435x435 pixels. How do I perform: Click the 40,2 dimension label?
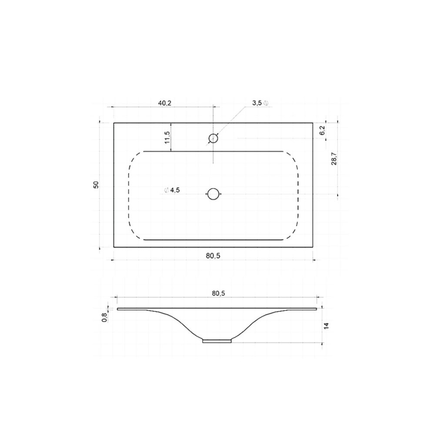tap(165, 103)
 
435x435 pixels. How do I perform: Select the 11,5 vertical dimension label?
tap(167, 137)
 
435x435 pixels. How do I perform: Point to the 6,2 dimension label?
tap(322, 130)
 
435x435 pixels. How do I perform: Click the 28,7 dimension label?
tap(334, 159)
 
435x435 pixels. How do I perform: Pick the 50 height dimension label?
tap(96, 185)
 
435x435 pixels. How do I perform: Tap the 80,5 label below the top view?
tap(213, 256)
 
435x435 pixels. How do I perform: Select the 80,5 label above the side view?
tap(219, 293)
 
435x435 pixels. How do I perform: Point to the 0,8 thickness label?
tap(104, 318)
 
